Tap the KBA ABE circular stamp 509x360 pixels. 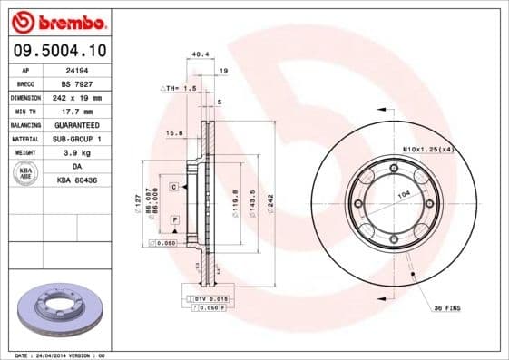(26, 173)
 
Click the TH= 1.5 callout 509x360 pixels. (181, 88)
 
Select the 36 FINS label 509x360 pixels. (445, 308)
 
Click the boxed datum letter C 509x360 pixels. (171, 186)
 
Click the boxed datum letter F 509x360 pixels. (172, 220)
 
